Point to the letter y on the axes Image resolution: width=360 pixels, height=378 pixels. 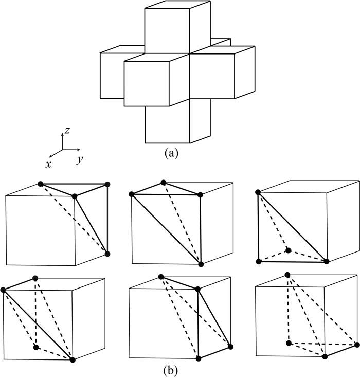(80, 160)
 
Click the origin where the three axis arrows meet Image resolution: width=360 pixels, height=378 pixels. (63, 150)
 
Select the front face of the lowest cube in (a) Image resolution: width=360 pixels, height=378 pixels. (167, 123)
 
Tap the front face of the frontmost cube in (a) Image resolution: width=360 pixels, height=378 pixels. (156, 82)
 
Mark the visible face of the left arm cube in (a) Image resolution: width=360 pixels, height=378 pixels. (112, 75)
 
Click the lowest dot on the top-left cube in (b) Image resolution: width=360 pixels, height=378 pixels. (107, 254)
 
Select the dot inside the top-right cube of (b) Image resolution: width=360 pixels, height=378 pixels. (289, 250)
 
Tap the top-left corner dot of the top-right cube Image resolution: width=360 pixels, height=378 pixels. (258, 192)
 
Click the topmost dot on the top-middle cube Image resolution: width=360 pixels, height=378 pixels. (164, 183)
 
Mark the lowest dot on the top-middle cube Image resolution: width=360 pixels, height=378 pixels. (201, 264)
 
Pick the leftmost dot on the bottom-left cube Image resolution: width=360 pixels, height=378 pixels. (4, 290)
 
